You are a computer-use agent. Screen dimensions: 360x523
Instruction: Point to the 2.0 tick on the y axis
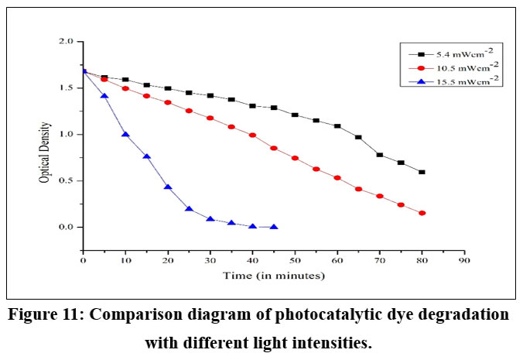pyautogui.click(x=66, y=42)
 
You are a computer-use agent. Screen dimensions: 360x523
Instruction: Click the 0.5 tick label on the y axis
pyautogui.click(x=66, y=181)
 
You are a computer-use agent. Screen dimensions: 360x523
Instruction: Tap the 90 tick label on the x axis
pyautogui.click(x=464, y=262)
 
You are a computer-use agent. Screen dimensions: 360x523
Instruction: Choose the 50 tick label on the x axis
pyautogui.click(x=295, y=262)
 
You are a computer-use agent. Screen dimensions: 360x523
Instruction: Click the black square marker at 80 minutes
pyautogui.click(x=422, y=172)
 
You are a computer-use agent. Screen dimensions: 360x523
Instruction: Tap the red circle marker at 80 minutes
pyautogui.click(x=422, y=213)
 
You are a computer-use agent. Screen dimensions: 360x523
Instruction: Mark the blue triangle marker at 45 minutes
pyautogui.click(x=274, y=227)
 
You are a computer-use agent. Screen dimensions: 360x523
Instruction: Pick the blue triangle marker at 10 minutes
pyautogui.click(x=125, y=134)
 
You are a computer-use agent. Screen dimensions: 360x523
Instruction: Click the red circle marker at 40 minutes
pyautogui.click(x=252, y=135)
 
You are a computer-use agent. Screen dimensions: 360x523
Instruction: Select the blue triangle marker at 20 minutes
pyautogui.click(x=168, y=187)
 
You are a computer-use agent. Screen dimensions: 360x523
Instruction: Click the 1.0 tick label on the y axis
pyautogui.click(x=66, y=135)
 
